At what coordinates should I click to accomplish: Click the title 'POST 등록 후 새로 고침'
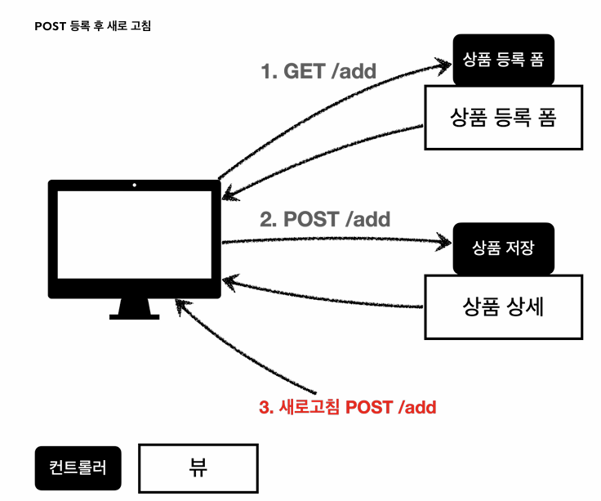pyautogui.click(x=93, y=26)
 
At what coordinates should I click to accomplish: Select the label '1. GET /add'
pyautogui.click(x=318, y=71)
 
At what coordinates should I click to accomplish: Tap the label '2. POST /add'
pyautogui.click(x=325, y=219)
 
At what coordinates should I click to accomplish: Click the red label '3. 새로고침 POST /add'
pyautogui.click(x=347, y=407)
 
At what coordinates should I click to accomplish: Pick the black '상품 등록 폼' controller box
pyautogui.click(x=503, y=60)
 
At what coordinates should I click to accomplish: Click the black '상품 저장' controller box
pyautogui.click(x=503, y=248)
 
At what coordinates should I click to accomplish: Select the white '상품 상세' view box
pyautogui.click(x=503, y=306)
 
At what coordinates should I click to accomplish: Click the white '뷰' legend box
pyautogui.click(x=198, y=468)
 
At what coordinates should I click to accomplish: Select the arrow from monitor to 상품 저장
pyautogui.click(x=335, y=239)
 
